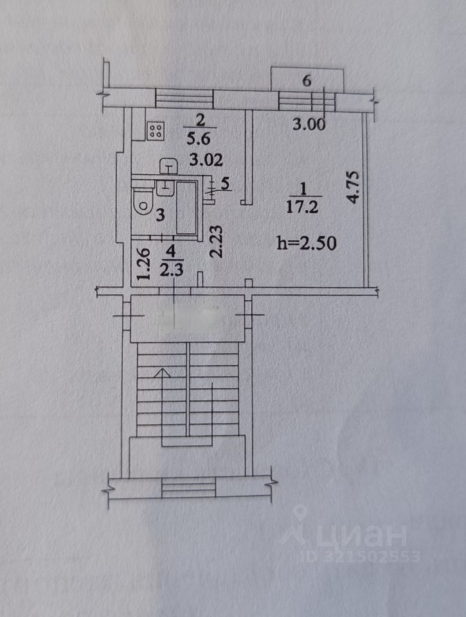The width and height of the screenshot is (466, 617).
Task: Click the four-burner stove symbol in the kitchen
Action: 156,131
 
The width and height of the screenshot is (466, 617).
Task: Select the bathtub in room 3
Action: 186,208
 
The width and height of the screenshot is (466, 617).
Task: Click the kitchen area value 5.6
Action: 200,139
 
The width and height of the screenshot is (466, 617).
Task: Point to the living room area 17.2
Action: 302,206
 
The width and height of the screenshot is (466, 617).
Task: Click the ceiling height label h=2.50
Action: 307,242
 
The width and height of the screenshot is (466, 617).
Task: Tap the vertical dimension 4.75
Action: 353,187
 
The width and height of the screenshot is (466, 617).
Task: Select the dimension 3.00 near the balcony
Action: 309,124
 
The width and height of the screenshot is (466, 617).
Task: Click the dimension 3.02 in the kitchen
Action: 206,159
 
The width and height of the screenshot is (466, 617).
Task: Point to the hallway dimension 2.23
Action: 216,241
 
